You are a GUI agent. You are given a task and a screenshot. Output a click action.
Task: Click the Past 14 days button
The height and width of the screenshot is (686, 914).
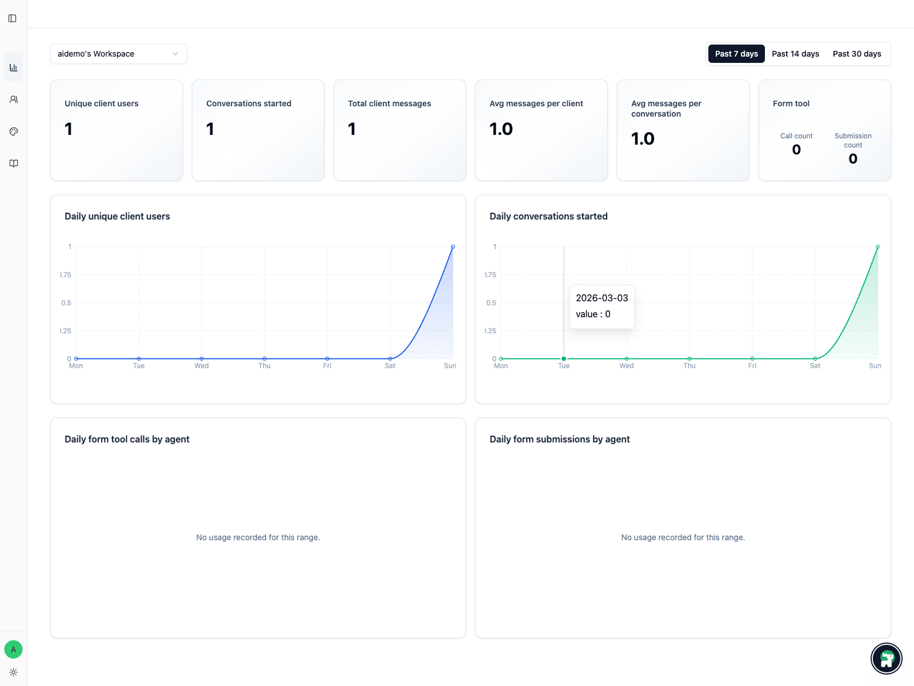[795, 54]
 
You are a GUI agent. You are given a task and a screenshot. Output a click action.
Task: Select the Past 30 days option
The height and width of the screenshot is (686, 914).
[856, 54]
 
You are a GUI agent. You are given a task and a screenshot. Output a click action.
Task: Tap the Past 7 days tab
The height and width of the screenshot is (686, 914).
[736, 54]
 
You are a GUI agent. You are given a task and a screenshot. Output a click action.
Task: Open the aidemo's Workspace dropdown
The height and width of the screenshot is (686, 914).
[118, 54]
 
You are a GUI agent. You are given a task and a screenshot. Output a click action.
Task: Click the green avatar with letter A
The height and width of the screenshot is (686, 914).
[13, 649]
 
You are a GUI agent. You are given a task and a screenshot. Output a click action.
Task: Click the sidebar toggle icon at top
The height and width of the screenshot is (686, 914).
[13, 18]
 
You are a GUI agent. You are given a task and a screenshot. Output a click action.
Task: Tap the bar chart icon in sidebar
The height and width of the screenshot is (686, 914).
[14, 67]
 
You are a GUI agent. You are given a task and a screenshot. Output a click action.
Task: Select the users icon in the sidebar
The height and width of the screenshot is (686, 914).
[14, 99]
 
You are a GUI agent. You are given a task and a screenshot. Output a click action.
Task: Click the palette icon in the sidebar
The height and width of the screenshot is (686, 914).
[14, 131]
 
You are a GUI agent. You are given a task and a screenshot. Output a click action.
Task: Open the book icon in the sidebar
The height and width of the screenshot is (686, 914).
[14, 163]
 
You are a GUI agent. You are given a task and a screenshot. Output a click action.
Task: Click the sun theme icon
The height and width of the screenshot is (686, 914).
[13, 672]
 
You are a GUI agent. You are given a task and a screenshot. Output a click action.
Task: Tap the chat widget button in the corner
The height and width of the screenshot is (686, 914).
[886, 659]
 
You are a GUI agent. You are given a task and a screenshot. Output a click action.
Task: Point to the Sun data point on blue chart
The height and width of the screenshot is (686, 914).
[453, 247]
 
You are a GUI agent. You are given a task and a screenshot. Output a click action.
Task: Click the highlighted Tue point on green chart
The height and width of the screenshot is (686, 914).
[564, 359]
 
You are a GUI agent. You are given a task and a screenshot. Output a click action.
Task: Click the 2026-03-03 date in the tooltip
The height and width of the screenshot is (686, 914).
[602, 298]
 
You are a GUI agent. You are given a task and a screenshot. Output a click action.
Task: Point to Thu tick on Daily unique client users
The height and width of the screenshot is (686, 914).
[264, 366]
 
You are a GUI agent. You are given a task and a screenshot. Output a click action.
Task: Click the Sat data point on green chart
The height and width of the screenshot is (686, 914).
[815, 359]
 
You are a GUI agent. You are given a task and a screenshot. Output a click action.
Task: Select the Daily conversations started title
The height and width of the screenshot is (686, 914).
[548, 216]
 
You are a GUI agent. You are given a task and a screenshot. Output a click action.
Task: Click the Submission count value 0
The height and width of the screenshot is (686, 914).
[853, 159]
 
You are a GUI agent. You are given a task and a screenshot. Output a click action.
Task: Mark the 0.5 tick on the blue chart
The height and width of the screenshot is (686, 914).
[66, 303]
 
